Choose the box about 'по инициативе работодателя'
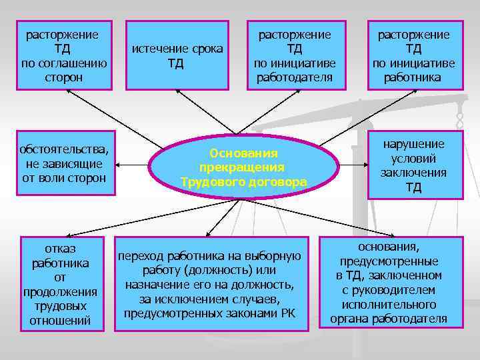pyautogui.click(x=294, y=56)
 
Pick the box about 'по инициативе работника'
pyautogui.click(x=413, y=56)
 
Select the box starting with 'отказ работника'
pyautogui.click(x=61, y=283)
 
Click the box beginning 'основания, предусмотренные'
pyautogui.click(x=389, y=283)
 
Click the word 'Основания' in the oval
pyautogui.click(x=243, y=153)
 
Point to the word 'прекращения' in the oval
pyautogui.click(x=243, y=167)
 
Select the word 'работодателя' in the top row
pyautogui.click(x=294, y=78)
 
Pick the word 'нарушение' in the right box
pyautogui.click(x=413, y=144)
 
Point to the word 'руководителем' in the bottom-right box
pyautogui.click(x=389, y=290)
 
